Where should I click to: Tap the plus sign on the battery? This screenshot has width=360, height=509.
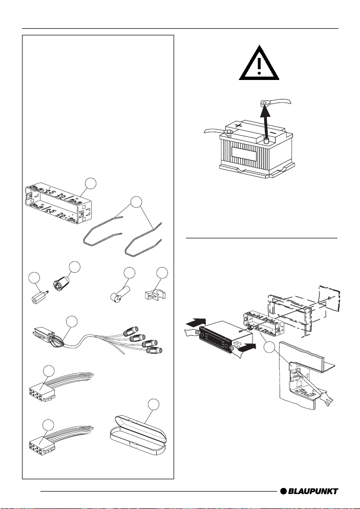click(239, 126)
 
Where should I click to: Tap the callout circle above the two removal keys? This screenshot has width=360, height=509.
click(136, 201)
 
